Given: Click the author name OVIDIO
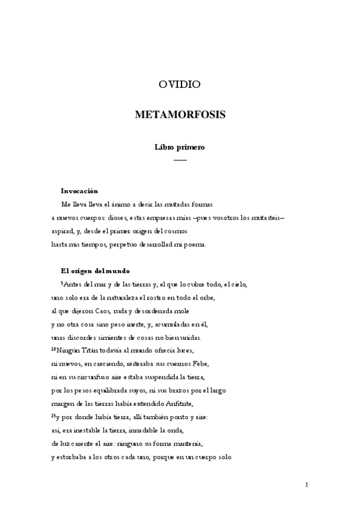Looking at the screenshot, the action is point(180,85).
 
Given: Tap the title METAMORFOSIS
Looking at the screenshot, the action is point(180,114).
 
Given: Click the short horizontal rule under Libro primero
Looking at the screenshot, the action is point(180,160).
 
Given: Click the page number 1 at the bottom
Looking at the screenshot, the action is point(307,484).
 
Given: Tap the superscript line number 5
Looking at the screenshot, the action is point(63,282).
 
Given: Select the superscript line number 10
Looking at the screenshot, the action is point(53,348).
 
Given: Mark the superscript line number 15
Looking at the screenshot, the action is point(53,413).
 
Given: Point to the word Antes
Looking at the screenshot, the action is point(74,284).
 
